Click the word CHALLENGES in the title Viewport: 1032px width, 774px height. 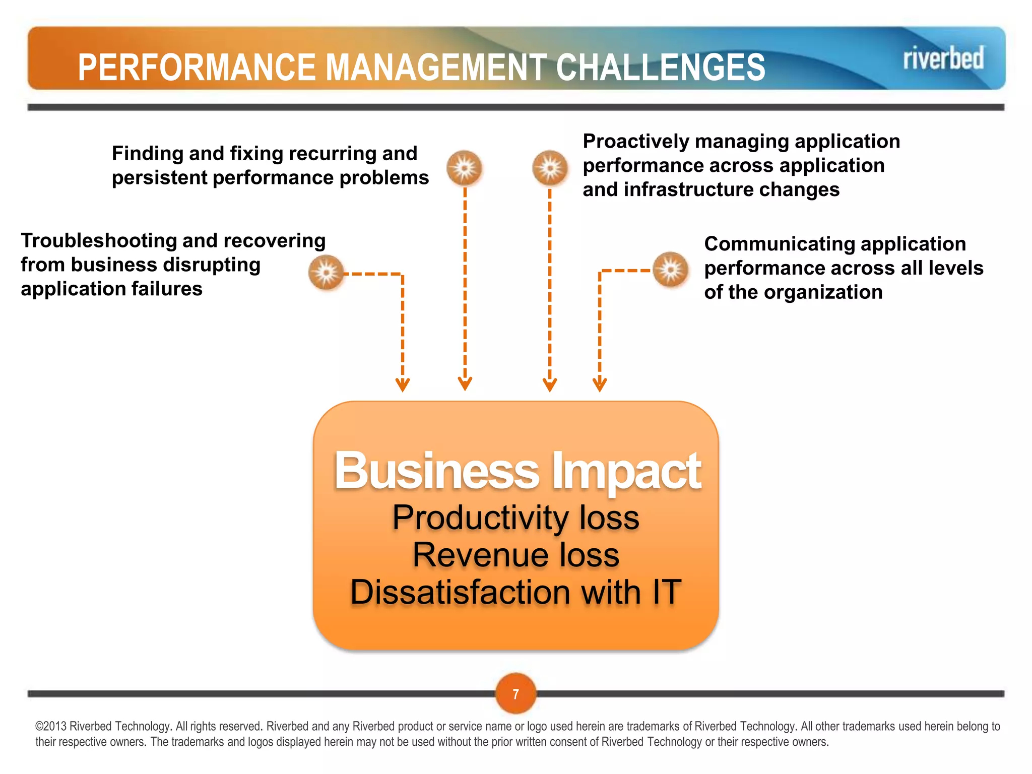[661, 68]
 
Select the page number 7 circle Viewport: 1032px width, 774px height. [515, 694]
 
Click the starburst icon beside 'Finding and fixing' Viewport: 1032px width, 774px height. [464, 167]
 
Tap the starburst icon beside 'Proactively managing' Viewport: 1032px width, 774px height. [550, 167]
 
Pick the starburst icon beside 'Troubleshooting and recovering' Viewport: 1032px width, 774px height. [326, 273]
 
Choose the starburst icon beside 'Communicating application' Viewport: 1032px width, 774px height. [670, 270]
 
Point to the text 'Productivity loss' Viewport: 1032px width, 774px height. [516, 518]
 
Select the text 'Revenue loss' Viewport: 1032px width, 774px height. [516, 555]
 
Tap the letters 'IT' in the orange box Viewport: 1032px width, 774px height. [667, 592]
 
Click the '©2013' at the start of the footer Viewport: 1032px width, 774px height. [51, 726]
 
